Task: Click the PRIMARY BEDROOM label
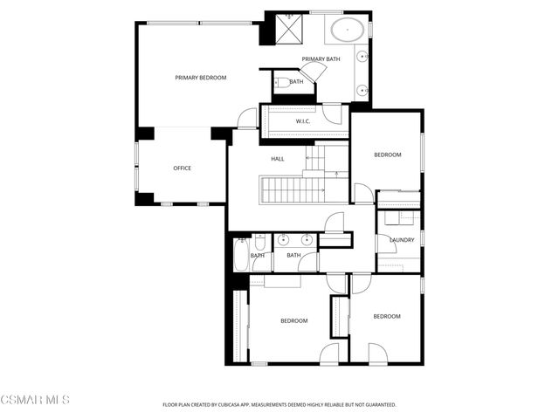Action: point(200,78)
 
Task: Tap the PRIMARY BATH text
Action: point(321,59)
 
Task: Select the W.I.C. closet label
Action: point(303,121)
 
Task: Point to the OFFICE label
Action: point(182,168)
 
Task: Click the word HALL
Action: point(278,159)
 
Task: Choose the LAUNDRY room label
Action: point(402,239)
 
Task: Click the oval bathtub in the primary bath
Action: point(348,31)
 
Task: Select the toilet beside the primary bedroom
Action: point(280,84)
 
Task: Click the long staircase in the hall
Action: point(293,189)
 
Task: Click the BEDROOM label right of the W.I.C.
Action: point(387,155)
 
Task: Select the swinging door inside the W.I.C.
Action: point(332,113)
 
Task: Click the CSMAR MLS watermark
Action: point(35,400)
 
